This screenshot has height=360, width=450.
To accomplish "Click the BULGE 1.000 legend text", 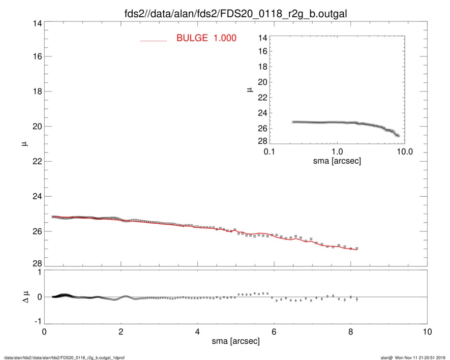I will (206, 38).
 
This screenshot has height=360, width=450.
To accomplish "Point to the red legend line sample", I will (154, 40).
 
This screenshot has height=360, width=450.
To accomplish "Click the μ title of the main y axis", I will (24, 145).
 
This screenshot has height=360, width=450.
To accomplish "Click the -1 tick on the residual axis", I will (36, 322).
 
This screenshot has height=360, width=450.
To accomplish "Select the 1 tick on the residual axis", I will (38, 273).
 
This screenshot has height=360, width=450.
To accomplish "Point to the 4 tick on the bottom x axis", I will (197, 332).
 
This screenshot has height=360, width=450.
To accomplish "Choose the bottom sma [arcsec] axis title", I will (235, 341).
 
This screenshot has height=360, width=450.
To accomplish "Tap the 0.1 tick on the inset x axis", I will (269, 152).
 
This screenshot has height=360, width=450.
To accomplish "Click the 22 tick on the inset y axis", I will (262, 98).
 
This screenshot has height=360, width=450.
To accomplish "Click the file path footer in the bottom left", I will (64, 357).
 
